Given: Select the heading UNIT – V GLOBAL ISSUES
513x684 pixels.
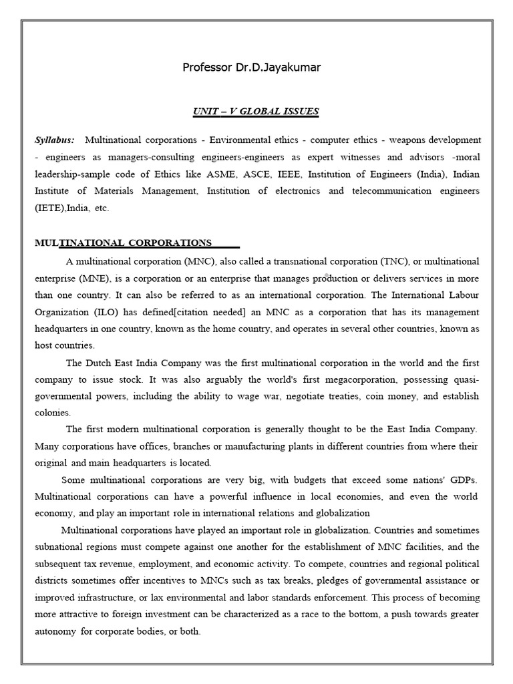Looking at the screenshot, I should click(x=256, y=112).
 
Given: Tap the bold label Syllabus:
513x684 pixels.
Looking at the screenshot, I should click(x=55, y=140).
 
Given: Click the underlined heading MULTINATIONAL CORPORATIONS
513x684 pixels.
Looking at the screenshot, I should click(x=136, y=242).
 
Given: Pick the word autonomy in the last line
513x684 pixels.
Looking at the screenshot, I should click(x=56, y=631).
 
